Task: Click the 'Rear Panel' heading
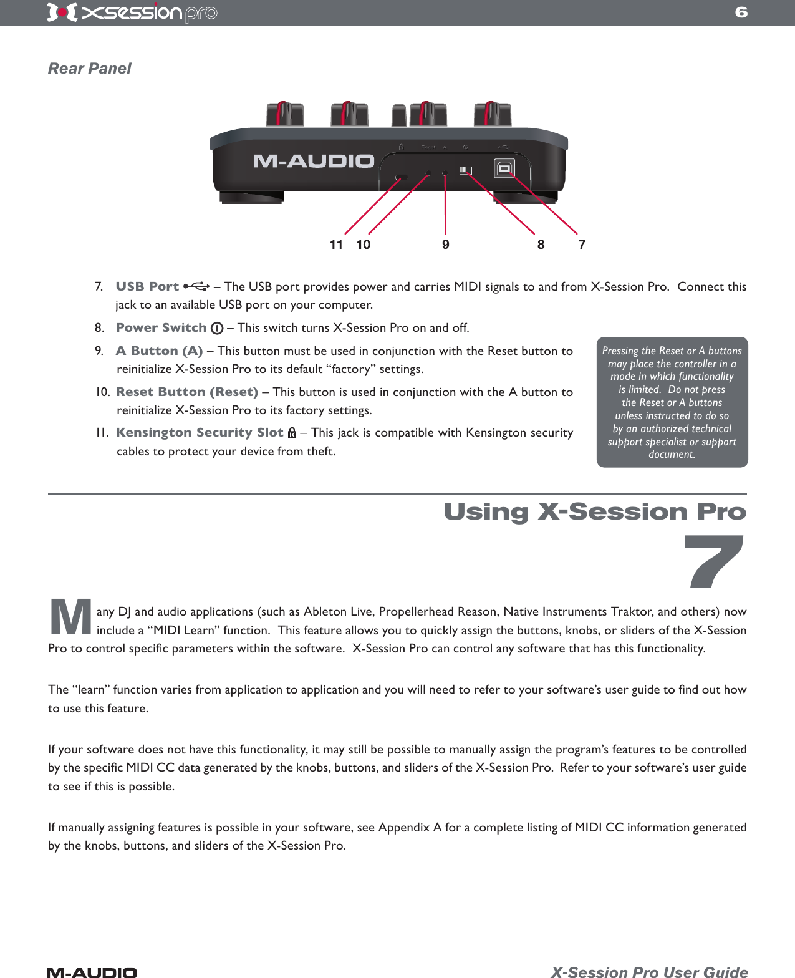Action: click(x=90, y=69)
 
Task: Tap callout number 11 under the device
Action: click(x=336, y=244)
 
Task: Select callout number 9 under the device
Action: click(x=445, y=244)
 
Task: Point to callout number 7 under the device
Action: click(x=582, y=244)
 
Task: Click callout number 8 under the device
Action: click(x=541, y=244)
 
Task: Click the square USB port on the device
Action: click(x=504, y=168)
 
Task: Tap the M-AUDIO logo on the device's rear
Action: click(x=313, y=162)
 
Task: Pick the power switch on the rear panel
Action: click(x=466, y=170)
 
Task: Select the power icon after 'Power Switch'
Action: click(x=217, y=328)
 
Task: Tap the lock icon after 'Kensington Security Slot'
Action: click(x=291, y=433)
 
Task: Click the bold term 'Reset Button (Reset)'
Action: click(x=186, y=392)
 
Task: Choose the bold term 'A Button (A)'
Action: click(x=159, y=351)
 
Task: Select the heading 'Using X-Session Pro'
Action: click(x=594, y=511)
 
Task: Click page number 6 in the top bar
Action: click(x=741, y=12)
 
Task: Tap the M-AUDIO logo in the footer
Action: click(x=92, y=972)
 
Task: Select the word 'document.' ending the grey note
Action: click(x=672, y=455)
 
